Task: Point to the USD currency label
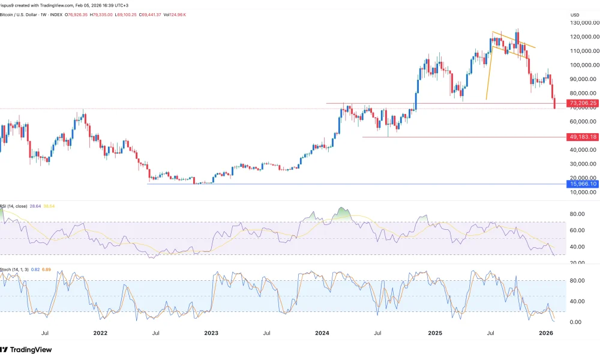tap(575, 14)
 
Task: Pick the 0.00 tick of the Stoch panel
tap(575, 322)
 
